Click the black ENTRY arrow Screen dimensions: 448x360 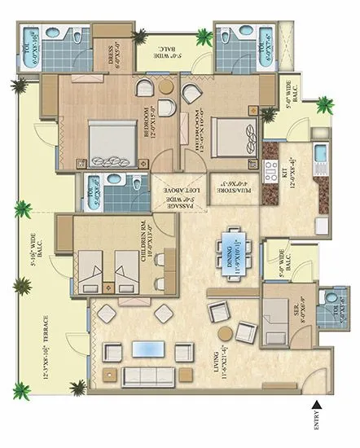tap(318, 404)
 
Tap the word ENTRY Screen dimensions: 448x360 tap(318, 424)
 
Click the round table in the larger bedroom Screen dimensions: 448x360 tap(166, 86)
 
